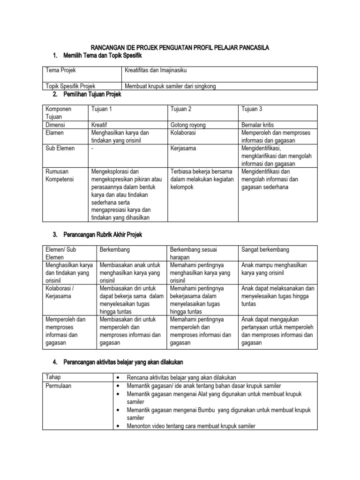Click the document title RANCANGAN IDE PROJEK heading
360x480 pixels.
[180, 48]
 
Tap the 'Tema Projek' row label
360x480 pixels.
[60, 70]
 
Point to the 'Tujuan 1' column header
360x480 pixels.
[102, 109]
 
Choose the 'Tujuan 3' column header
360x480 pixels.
[252, 109]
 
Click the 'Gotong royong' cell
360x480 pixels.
[188, 125]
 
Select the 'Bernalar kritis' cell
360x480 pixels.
[257, 125]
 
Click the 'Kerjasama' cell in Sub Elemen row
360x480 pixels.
[183, 148]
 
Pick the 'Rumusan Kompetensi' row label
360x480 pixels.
[60, 175]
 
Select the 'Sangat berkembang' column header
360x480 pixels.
[265, 249]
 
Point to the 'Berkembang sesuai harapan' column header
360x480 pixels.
[194, 253]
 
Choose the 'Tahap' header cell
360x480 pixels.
[53, 377]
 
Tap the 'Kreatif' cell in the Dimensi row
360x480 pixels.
[101, 125]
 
